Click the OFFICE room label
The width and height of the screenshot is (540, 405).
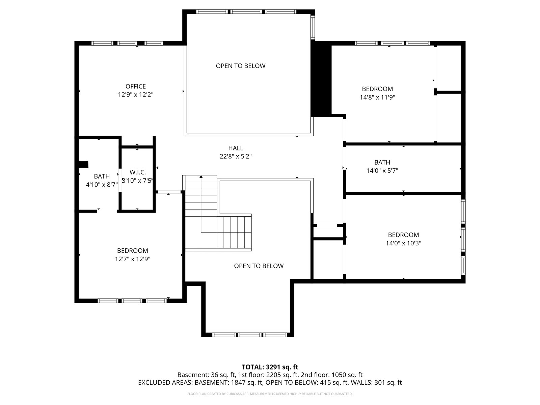coord(136,86)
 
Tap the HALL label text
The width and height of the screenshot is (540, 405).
coord(236,148)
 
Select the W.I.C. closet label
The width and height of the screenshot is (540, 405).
coord(137,172)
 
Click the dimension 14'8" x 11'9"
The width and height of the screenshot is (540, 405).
coord(377,97)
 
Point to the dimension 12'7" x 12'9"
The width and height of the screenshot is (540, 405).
coord(133,259)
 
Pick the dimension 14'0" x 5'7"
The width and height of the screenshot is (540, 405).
coord(382,170)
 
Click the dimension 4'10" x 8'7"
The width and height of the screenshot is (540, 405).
coord(102,184)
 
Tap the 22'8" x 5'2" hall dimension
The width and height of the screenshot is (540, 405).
coord(236,156)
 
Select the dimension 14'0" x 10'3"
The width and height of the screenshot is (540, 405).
coord(403,243)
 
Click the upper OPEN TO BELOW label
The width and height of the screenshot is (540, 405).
coord(241,66)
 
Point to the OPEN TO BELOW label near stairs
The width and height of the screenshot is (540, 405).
coord(259,266)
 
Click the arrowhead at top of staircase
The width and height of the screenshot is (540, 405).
coord(201,177)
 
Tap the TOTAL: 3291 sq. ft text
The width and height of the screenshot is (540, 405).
coord(270,367)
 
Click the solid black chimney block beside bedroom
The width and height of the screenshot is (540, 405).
coord(321,79)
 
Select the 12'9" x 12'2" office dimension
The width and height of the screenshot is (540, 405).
coord(136,95)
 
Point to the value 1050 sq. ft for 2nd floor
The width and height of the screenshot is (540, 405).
coord(347,375)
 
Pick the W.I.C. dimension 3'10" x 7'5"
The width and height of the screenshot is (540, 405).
coord(137,181)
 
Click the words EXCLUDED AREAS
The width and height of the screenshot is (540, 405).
coord(165,382)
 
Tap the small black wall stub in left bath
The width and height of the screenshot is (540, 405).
coord(83,164)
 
